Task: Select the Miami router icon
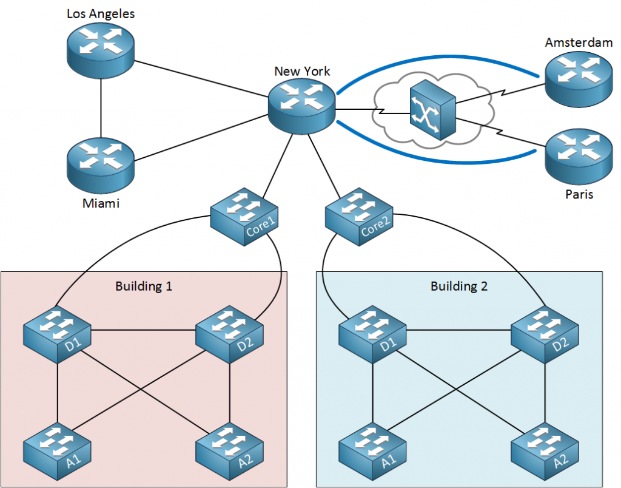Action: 101,162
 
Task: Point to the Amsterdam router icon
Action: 577,76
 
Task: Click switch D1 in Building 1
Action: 58,335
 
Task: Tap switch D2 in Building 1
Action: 229,335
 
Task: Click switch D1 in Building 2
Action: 372,335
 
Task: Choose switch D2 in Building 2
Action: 545,335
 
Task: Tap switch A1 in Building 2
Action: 372,449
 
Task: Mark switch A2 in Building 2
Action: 545,449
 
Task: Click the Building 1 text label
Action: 144,286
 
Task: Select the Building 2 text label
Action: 459,286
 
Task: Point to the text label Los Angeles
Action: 101,13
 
